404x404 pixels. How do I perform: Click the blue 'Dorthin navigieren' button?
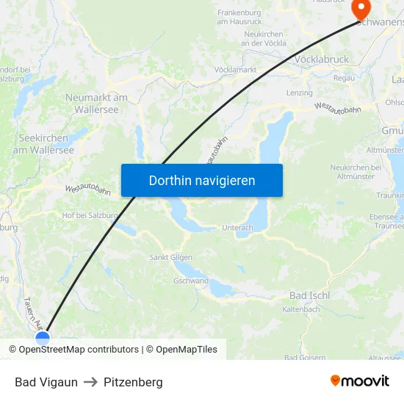(202, 180)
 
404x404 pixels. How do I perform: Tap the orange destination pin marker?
(361, 9)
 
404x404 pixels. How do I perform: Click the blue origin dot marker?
(43, 338)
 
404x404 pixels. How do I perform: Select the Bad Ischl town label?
(309, 295)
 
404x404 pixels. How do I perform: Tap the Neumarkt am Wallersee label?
(96, 103)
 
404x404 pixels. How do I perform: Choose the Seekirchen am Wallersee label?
(43, 144)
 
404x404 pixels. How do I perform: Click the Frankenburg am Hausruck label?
(239, 17)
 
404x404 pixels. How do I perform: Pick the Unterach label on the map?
(237, 228)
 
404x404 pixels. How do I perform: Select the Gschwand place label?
(191, 281)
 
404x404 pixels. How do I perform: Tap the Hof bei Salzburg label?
(90, 215)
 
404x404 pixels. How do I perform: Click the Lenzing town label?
(299, 93)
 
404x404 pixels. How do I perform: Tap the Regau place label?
(344, 78)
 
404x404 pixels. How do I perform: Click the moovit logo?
(359, 380)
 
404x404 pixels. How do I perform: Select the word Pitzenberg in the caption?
(133, 382)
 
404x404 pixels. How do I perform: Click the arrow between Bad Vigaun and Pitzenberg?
(91, 382)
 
